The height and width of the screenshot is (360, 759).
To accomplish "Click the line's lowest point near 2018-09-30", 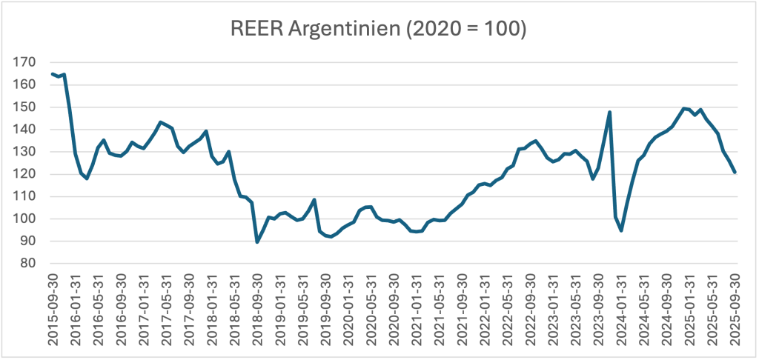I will (x=257, y=241).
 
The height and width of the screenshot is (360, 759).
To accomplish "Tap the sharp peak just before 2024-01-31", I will (x=609, y=113).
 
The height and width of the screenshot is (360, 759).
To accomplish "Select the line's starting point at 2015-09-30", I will (x=53, y=73).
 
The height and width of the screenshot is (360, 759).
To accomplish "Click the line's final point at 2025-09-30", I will (x=735, y=172).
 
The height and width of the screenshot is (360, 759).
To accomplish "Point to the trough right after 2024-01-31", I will (x=621, y=230).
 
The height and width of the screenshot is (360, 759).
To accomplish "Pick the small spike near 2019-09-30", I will (x=314, y=200).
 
